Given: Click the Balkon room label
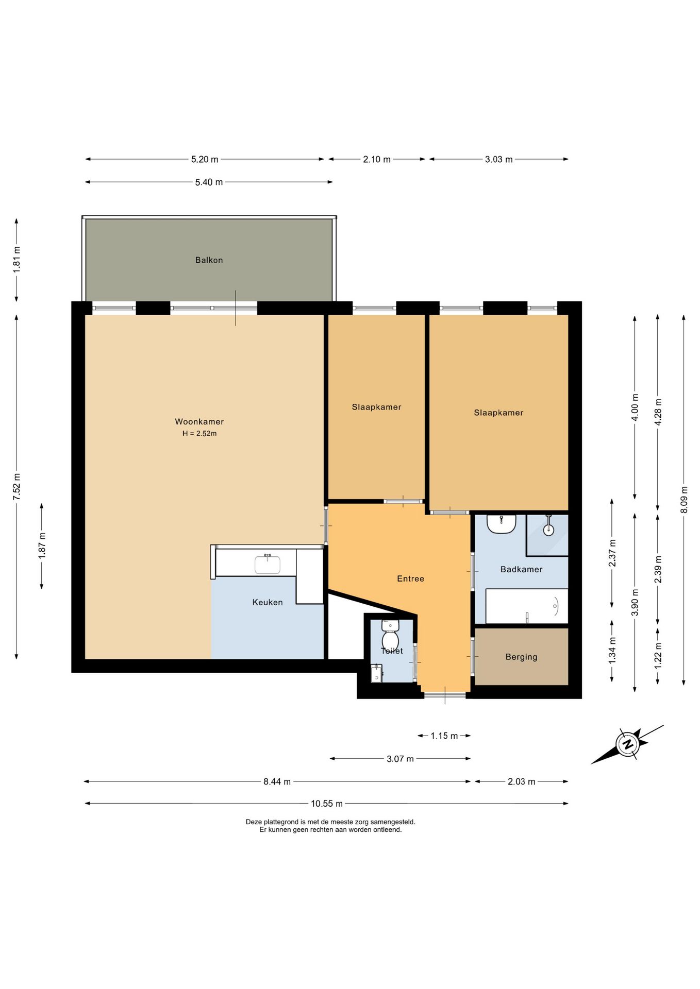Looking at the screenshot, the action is click(209, 260).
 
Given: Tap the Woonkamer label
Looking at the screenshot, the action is click(199, 422).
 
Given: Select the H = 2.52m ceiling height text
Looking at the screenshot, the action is click(199, 434).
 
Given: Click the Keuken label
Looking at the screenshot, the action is click(267, 602).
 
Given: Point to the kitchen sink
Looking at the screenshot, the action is click(268, 564).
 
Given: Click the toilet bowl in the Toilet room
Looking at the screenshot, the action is click(390, 635).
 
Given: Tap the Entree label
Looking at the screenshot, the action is click(410, 579).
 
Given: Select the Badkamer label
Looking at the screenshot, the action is click(521, 569).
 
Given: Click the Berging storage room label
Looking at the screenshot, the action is click(521, 657).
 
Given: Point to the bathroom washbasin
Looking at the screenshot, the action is click(501, 523).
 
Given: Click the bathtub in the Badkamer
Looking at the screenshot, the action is click(526, 606).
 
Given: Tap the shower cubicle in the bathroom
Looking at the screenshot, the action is click(547, 535).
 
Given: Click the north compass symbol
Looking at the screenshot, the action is click(627, 744).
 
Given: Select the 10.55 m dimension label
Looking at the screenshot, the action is click(326, 804).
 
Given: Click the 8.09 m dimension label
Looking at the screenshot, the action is click(684, 500).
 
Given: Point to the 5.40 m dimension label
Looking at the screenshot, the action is click(209, 182).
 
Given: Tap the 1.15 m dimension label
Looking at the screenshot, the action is click(444, 736).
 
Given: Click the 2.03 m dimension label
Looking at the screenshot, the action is click(521, 782).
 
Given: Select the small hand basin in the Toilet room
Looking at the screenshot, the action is click(376, 673).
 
